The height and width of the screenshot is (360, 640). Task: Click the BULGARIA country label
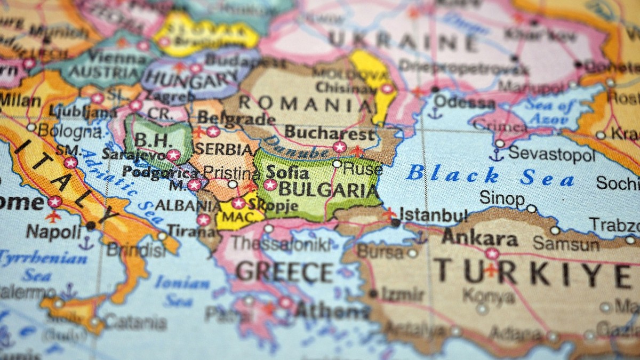pos(327,189)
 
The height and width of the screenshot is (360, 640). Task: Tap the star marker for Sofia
pos(270,185)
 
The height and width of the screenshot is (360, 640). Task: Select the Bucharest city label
pos(330,132)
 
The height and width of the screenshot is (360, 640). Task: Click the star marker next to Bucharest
pos(339,147)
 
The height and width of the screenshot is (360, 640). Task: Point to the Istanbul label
pos(433,215)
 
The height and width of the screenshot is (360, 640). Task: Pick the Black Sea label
pos(489,176)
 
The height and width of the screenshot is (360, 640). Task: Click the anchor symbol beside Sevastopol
pos(497,155)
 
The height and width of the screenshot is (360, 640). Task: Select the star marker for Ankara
pos(492,253)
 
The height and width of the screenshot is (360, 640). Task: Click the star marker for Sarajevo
pos(173,155)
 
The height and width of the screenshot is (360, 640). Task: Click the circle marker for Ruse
pos(337,164)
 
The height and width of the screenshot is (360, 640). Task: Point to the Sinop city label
pos(501,198)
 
